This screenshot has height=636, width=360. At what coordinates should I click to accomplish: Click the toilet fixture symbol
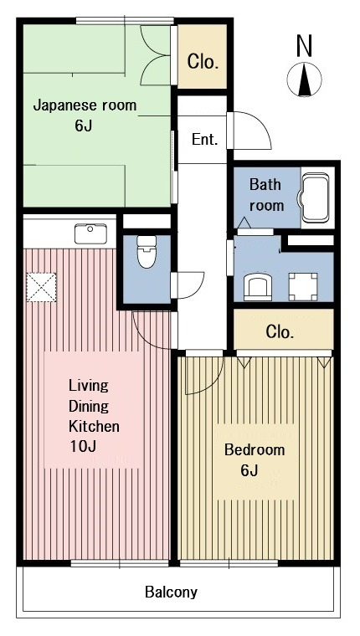[147, 252]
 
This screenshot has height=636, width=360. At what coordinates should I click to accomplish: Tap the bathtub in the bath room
[315, 198]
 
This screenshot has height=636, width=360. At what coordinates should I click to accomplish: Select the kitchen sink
[90, 233]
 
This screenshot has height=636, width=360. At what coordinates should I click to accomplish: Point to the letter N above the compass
[305, 45]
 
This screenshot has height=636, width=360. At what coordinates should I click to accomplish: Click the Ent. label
[205, 140]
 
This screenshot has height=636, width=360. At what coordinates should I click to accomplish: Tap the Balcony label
[172, 592]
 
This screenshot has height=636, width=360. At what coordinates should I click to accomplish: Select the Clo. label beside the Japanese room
[203, 62]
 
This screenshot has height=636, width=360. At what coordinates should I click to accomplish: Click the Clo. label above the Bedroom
[280, 332]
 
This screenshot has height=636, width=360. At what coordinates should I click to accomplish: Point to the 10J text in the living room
[83, 447]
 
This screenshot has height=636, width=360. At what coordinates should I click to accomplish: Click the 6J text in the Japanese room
[83, 126]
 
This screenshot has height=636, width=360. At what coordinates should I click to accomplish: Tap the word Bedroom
[255, 450]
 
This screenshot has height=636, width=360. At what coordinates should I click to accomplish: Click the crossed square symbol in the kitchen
[41, 287]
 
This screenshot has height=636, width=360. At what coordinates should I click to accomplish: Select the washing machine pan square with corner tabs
[303, 287]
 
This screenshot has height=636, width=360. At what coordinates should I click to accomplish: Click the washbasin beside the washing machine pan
[258, 287]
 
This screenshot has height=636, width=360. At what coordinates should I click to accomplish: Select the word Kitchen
[94, 426]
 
